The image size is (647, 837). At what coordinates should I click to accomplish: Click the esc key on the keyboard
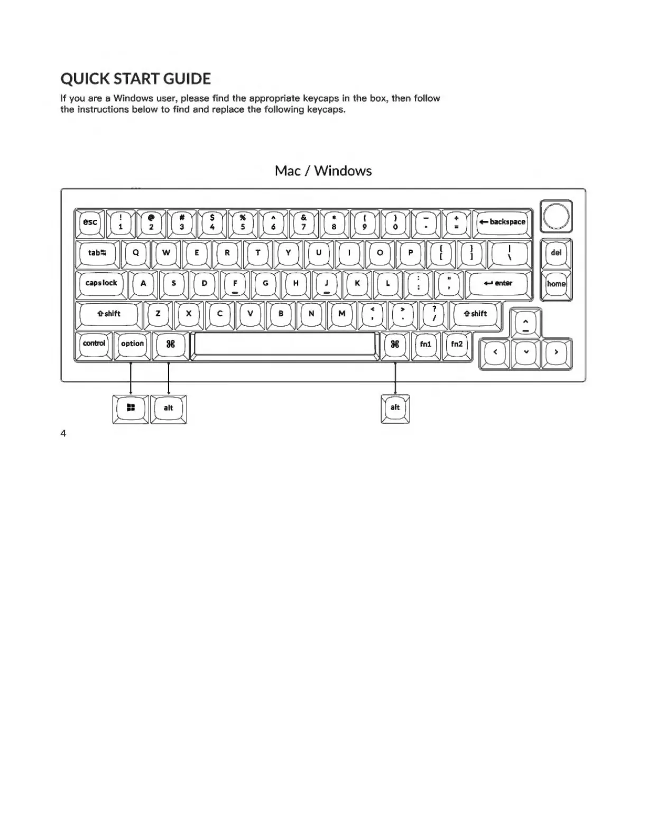tap(90, 222)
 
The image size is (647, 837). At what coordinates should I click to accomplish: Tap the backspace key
tap(502, 222)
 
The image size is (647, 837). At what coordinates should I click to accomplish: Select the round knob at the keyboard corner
tap(556, 216)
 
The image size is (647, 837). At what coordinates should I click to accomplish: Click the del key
tap(556, 253)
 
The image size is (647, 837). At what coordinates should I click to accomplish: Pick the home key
tap(556, 284)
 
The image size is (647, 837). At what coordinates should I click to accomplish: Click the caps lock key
tap(101, 284)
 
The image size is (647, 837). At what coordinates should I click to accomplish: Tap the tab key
tap(97, 253)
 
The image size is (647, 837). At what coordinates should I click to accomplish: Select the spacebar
tap(284, 345)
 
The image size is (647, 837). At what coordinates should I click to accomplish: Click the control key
tap(94, 345)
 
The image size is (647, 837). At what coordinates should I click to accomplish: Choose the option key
tap(132, 345)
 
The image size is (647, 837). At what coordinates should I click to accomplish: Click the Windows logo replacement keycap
tap(131, 408)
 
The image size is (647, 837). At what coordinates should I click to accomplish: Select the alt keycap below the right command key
tap(395, 408)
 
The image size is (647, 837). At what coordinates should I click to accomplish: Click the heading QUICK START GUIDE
tap(135, 79)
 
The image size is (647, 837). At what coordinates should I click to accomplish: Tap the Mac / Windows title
tap(323, 171)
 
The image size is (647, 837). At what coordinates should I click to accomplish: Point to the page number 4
tap(63, 434)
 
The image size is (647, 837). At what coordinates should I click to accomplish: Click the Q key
tap(136, 253)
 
